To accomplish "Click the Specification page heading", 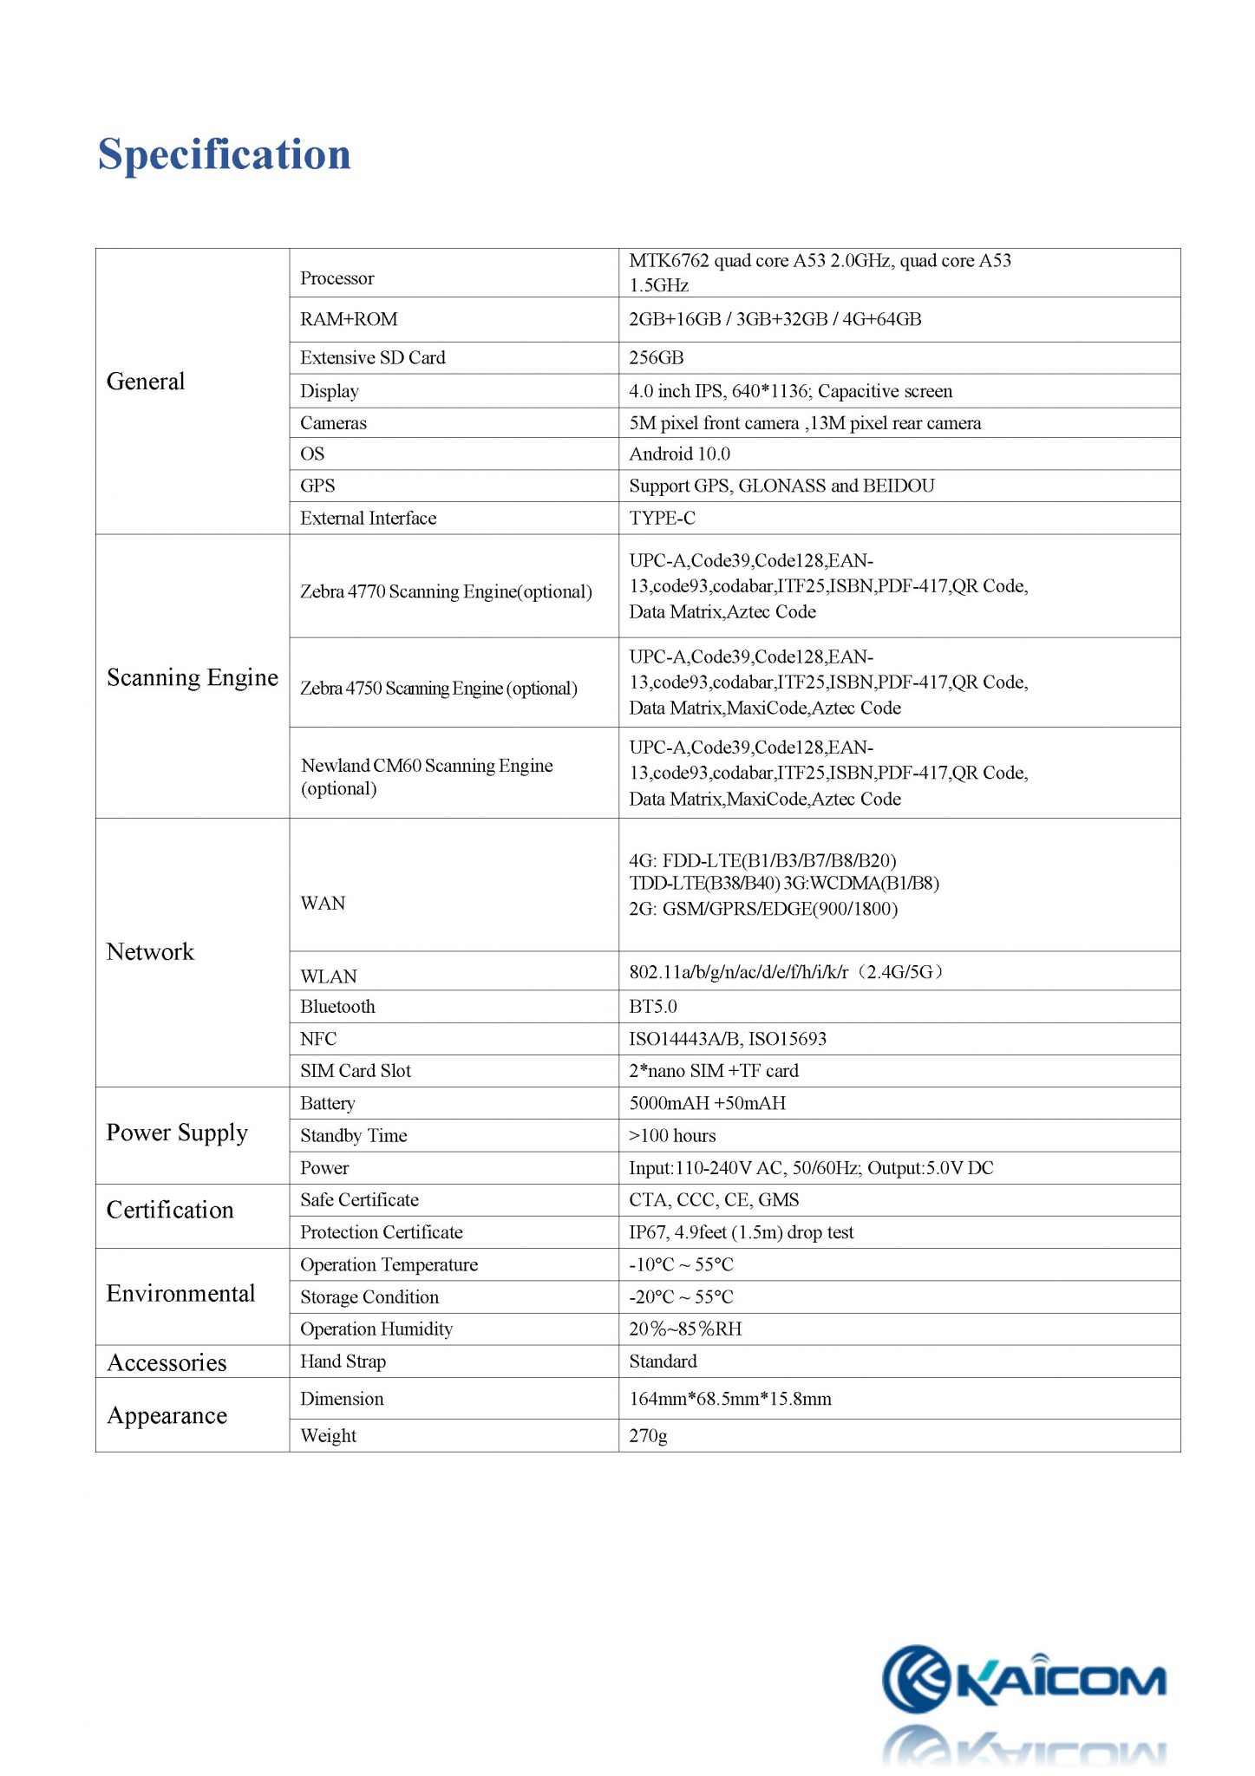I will click(x=224, y=155).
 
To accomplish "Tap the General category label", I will click(x=146, y=382).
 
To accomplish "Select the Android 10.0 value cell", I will click(x=679, y=454).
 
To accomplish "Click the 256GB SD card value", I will click(x=656, y=357).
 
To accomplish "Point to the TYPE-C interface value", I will click(x=662, y=518).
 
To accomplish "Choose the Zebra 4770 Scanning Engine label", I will click(x=446, y=591).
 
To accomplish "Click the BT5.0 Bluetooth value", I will click(x=652, y=1006).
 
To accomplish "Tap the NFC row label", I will click(x=318, y=1038).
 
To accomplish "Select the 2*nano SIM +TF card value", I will click(x=713, y=1070).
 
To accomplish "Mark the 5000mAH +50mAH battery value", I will click(x=707, y=1103).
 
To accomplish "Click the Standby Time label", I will click(x=353, y=1135).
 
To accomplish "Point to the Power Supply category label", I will click(x=177, y=1133).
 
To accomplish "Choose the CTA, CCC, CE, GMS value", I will click(x=714, y=1199).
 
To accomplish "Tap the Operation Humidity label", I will click(x=376, y=1329).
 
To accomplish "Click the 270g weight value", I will click(x=648, y=1435).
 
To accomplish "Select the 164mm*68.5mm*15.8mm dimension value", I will click(x=729, y=1398).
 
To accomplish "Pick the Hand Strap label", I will click(x=343, y=1361).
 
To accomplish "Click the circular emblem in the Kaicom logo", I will click(x=915, y=1679).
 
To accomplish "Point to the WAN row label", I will click(x=323, y=903).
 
